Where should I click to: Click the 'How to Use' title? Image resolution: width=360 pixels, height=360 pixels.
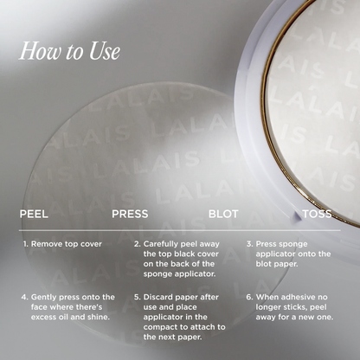tap(69, 51)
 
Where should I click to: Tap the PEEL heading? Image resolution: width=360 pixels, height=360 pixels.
tap(35, 213)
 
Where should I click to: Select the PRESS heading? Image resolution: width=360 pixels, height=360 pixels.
tap(130, 213)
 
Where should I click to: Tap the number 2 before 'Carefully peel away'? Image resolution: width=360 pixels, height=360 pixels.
tap(137, 244)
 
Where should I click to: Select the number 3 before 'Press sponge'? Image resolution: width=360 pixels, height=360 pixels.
tap(249, 244)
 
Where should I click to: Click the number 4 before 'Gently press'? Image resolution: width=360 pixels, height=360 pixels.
tap(24, 296)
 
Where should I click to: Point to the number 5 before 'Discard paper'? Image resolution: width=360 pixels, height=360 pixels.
tap(137, 296)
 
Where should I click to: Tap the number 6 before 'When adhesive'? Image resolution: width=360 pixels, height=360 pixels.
tap(249, 296)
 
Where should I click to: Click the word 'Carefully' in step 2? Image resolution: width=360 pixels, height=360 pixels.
tap(163, 244)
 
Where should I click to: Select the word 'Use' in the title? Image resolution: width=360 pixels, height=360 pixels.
tap(101, 51)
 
